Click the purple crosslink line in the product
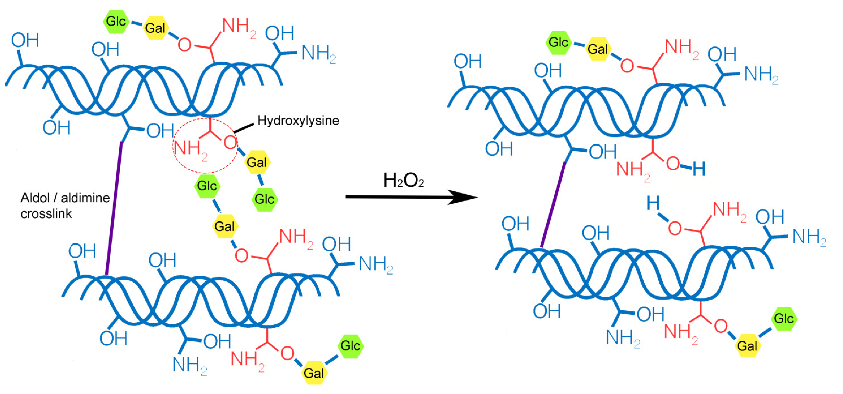[x=553, y=204]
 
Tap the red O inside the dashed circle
[x=230, y=143]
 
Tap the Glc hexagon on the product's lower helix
[x=784, y=319]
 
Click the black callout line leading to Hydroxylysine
[x=244, y=128]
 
